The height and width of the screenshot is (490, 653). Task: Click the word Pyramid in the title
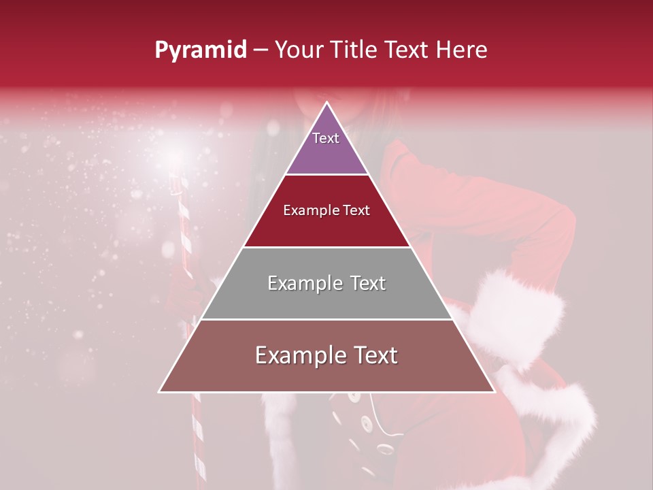200,50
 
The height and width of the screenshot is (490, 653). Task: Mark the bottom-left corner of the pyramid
159,392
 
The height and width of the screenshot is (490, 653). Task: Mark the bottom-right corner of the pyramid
495,392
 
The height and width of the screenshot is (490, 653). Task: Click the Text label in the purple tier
326,138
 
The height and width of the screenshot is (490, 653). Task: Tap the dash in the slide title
261,50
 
